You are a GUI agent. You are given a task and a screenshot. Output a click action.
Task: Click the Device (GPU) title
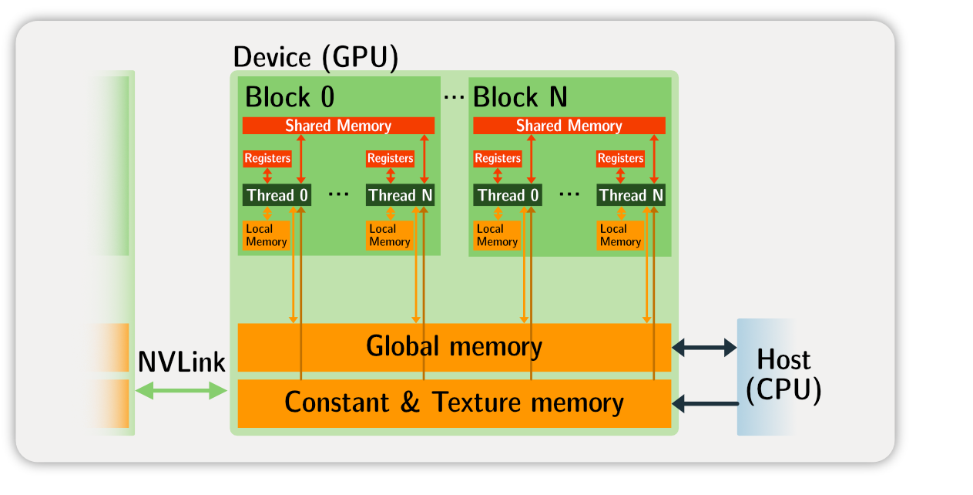click(315, 58)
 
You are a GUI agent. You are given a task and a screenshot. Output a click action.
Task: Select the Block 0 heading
click(290, 97)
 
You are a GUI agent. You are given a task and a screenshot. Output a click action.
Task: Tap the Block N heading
click(520, 97)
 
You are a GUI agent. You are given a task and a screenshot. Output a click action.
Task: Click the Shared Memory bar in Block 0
click(338, 126)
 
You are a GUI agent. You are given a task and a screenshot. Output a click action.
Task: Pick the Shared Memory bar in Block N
click(569, 126)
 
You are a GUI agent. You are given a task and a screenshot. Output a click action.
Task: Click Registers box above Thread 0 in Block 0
click(267, 158)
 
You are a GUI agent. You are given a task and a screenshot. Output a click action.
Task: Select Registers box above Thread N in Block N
click(620, 158)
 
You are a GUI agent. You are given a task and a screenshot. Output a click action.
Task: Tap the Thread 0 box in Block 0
click(277, 196)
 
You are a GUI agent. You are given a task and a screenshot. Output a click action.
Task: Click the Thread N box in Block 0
click(400, 196)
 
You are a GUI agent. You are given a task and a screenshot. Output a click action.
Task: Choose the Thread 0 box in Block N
click(508, 196)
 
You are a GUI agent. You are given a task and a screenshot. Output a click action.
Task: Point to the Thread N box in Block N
click(630, 196)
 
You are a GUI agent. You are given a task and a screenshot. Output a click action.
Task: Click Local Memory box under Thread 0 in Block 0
click(267, 235)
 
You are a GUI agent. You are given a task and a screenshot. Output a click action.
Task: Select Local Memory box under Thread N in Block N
click(620, 235)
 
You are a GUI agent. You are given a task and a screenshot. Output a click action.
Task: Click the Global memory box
click(454, 347)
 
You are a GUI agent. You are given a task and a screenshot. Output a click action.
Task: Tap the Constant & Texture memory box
click(454, 402)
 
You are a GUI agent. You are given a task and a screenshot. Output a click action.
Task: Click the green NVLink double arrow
click(181, 392)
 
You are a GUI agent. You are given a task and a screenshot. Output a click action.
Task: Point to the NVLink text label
click(181, 362)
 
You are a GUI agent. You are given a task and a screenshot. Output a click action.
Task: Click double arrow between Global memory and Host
click(704, 348)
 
